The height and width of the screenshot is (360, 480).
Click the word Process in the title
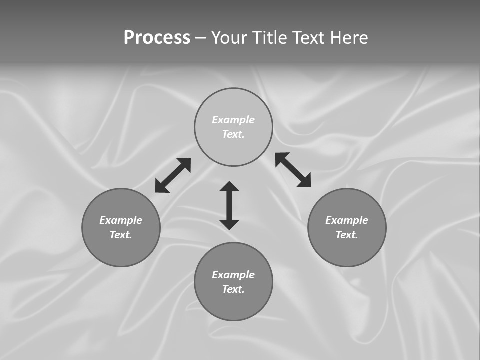click(157, 38)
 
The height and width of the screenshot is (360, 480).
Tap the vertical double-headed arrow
click(229, 205)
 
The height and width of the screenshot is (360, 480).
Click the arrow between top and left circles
click(173, 175)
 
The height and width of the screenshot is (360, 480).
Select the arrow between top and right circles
click(293, 170)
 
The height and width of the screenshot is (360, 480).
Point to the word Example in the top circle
click(233, 120)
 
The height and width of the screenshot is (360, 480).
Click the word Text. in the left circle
click(121, 235)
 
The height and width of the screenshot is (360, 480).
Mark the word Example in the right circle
click(347, 220)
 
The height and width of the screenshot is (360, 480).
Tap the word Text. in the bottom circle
click(233, 289)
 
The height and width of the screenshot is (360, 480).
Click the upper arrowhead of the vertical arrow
click(229, 187)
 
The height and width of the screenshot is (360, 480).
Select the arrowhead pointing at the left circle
click(161, 187)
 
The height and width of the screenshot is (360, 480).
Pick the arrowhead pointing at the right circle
click(304, 181)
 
